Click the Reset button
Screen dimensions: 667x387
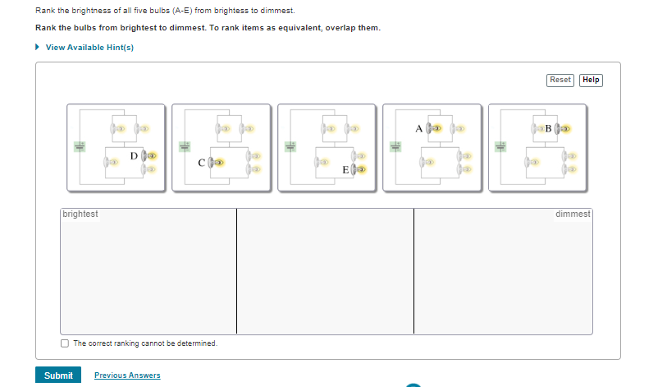(x=560, y=80)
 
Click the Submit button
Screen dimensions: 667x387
(x=58, y=375)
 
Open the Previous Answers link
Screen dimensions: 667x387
(x=127, y=375)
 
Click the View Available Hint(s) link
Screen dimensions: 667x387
(x=89, y=47)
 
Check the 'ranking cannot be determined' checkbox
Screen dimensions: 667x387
(x=65, y=343)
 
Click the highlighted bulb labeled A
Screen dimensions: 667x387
(x=436, y=129)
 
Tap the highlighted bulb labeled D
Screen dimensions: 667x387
(x=149, y=155)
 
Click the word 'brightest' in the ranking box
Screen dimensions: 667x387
(x=80, y=214)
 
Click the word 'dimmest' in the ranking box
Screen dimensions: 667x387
(x=572, y=214)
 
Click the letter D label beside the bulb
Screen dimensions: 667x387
(x=134, y=155)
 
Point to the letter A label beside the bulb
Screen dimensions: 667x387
(x=418, y=129)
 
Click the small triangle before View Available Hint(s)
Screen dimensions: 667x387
(x=38, y=47)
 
